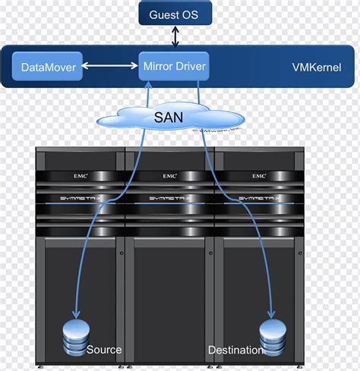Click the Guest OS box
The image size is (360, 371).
175,14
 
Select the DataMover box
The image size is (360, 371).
48,68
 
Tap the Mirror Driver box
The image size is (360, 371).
175,67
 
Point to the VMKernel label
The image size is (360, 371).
317,68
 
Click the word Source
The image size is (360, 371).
104,350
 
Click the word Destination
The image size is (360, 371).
235,350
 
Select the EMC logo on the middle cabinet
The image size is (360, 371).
170,176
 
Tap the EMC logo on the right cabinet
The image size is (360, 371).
259,176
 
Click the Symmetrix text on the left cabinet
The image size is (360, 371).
80,199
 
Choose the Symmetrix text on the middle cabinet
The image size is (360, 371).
169,199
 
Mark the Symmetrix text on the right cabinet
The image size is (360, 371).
259,199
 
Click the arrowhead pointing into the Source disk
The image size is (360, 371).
75,315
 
